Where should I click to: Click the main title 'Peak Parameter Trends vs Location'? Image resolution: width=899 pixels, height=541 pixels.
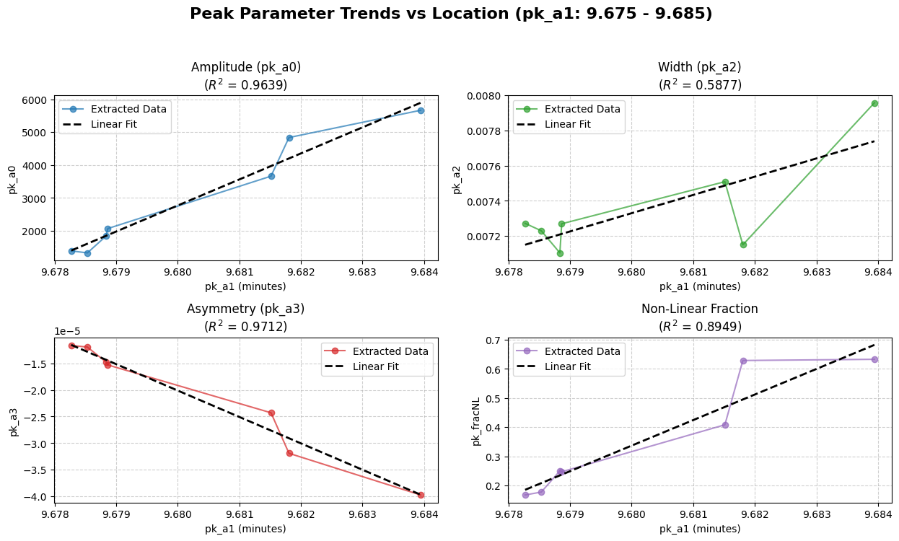(x=450, y=14)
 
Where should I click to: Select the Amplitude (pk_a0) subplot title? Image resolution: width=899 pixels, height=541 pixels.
(x=246, y=67)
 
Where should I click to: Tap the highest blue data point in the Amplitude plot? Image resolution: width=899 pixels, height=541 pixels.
(x=421, y=110)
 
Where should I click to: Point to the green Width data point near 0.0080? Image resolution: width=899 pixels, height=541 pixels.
(x=874, y=103)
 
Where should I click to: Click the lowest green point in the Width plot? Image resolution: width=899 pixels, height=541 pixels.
(x=560, y=253)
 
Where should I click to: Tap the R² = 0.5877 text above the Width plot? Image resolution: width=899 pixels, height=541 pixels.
(x=700, y=85)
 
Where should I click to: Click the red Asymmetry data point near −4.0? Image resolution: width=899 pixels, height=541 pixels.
(x=421, y=495)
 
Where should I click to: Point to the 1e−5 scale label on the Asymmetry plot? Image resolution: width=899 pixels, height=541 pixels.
(x=67, y=331)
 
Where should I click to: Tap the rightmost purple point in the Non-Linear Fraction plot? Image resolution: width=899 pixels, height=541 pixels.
(x=874, y=359)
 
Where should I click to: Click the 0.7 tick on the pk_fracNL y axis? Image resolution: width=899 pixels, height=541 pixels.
(x=494, y=340)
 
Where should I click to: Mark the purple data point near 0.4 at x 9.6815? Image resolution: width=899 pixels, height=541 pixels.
(x=725, y=425)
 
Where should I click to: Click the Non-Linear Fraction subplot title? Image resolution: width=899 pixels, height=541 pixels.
(x=700, y=309)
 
